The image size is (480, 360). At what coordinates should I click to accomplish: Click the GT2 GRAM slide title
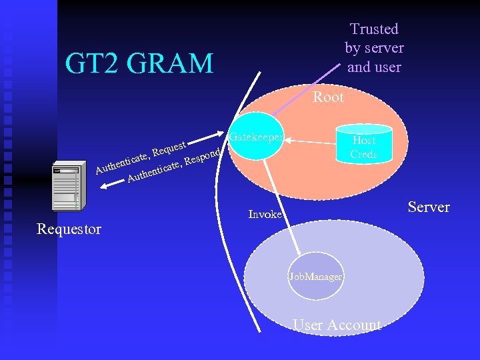pos(139,63)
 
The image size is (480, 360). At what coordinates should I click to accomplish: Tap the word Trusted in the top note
pos(374,29)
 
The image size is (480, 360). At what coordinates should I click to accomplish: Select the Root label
pos(328,97)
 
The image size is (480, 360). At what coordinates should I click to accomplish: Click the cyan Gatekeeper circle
pos(257,139)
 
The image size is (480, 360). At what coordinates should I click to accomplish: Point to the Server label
pos(429,207)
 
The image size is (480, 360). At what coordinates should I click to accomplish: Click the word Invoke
pos(265,214)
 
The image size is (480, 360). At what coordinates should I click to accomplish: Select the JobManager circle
pos(316,276)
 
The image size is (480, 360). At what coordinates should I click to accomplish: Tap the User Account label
pos(337,325)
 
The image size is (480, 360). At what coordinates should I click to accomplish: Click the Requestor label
pos(69,229)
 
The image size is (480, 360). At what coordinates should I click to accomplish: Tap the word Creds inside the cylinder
pos(364,154)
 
